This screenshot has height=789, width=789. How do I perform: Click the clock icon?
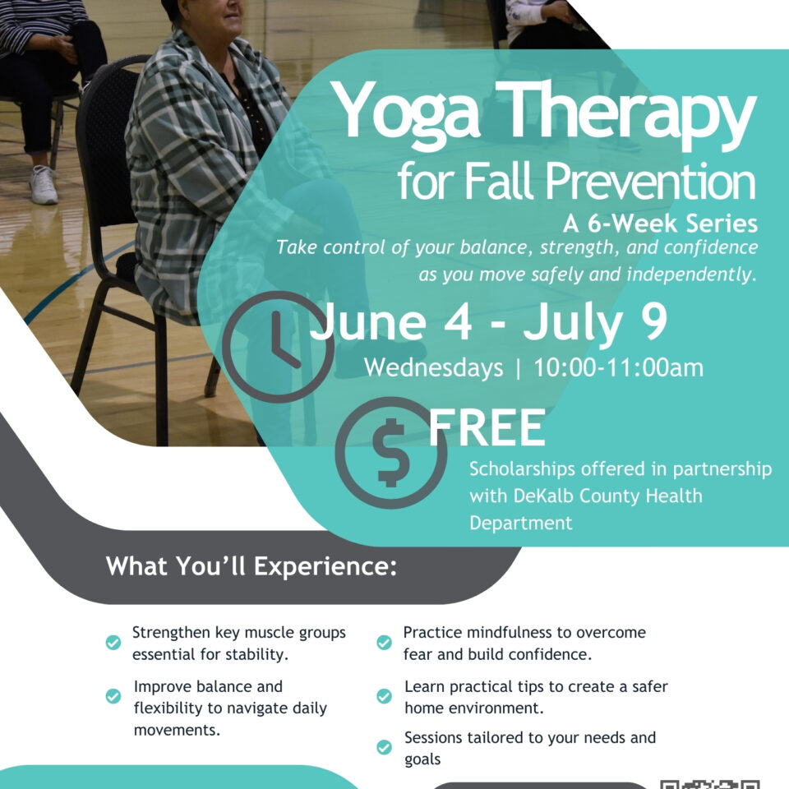(277, 346)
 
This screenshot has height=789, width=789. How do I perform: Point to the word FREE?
(487, 428)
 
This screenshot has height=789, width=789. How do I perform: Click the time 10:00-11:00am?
(618, 367)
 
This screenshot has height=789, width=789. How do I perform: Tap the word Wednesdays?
(433, 367)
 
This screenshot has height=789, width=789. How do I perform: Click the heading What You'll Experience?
(251, 566)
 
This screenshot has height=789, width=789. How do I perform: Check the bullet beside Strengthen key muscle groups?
(113, 643)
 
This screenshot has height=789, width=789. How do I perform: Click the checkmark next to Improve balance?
(113, 696)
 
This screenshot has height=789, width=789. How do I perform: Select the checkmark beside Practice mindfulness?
(384, 643)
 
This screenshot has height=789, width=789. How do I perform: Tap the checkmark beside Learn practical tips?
(384, 696)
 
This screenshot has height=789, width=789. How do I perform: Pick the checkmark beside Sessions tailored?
(384, 747)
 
